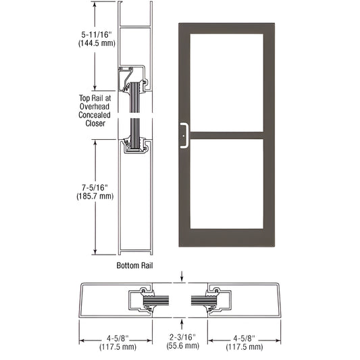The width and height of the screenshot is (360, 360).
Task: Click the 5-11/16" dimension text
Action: click(97, 34)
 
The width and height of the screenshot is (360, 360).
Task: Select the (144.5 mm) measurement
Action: click(97, 43)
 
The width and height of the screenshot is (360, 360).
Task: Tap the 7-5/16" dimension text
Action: click(95, 188)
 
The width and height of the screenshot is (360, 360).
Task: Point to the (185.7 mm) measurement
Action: click(95, 196)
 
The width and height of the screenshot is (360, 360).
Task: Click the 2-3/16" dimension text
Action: click(183, 337)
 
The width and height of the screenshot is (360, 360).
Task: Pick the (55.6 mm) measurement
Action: click(183, 345)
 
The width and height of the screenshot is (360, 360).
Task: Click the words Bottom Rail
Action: click(134, 265)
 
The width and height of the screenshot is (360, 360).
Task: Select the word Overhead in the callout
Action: click(95, 107)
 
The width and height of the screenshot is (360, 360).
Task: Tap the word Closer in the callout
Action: click(95, 124)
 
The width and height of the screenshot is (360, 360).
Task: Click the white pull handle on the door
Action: click(184, 136)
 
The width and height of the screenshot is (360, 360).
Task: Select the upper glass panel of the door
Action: click(227, 82)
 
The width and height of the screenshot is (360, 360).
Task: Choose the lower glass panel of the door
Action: click(227, 184)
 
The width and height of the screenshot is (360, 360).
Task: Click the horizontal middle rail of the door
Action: click(227, 136)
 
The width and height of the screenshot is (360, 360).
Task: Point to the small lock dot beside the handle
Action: click(184, 136)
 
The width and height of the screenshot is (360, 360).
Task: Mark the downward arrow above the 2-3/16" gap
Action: click(182, 276)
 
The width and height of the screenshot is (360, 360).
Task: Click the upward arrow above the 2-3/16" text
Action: click(182, 324)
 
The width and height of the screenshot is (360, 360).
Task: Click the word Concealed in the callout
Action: click(95, 115)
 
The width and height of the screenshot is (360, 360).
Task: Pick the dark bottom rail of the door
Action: click(227, 238)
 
